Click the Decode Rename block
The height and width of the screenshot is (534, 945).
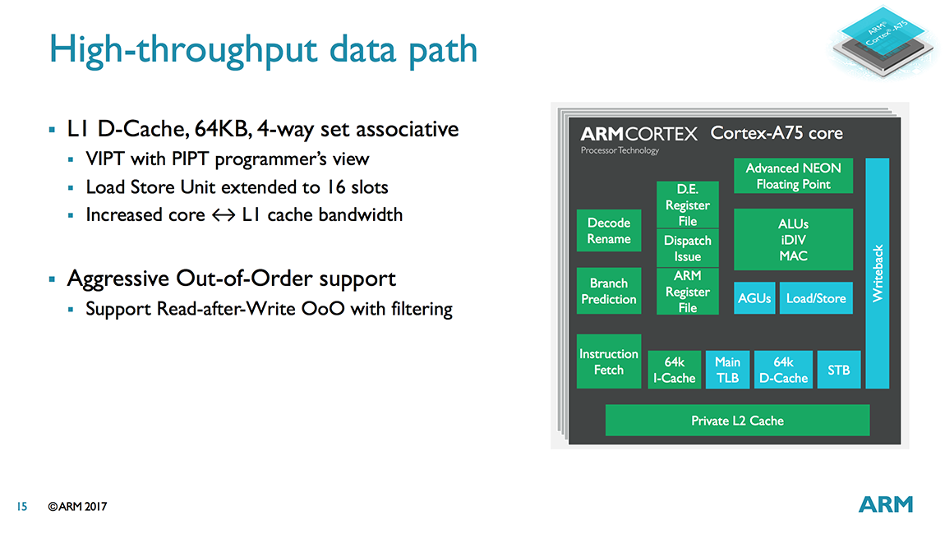(x=609, y=231)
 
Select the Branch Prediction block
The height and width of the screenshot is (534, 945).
(x=609, y=291)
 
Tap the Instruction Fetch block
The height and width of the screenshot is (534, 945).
(x=609, y=361)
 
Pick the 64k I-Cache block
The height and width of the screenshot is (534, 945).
(x=675, y=370)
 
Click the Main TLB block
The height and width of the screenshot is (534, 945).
(x=727, y=370)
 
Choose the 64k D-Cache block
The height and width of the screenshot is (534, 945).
(x=783, y=370)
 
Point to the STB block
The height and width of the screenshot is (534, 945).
(x=839, y=370)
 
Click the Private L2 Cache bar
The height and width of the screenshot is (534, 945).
(x=737, y=420)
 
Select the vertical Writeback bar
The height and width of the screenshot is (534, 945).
(x=878, y=273)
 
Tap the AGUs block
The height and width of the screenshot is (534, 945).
(x=754, y=297)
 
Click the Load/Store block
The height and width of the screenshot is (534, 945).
(x=816, y=297)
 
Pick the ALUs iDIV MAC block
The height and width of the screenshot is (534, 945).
(x=793, y=239)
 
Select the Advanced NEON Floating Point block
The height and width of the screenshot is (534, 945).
(x=793, y=176)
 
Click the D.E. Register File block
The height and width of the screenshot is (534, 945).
(x=688, y=205)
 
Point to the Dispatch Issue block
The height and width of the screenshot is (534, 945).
(x=688, y=248)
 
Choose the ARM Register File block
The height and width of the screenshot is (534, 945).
(x=688, y=291)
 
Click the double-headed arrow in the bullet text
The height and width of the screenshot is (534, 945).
(x=224, y=215)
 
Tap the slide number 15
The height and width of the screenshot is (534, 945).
(x=22, y=506)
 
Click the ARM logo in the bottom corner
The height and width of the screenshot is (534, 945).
(x=885, y=504)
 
